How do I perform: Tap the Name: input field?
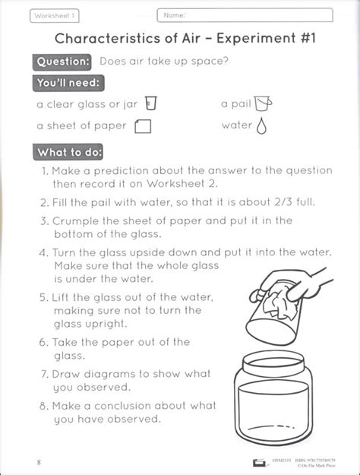[245, 14]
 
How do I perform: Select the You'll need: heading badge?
[69, 84]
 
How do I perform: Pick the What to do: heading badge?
[70, 152]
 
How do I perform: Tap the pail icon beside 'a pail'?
[264, 103]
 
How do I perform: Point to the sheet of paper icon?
[143, 126]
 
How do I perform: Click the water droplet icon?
[263, 125]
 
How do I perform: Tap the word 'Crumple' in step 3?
[76, 220]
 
